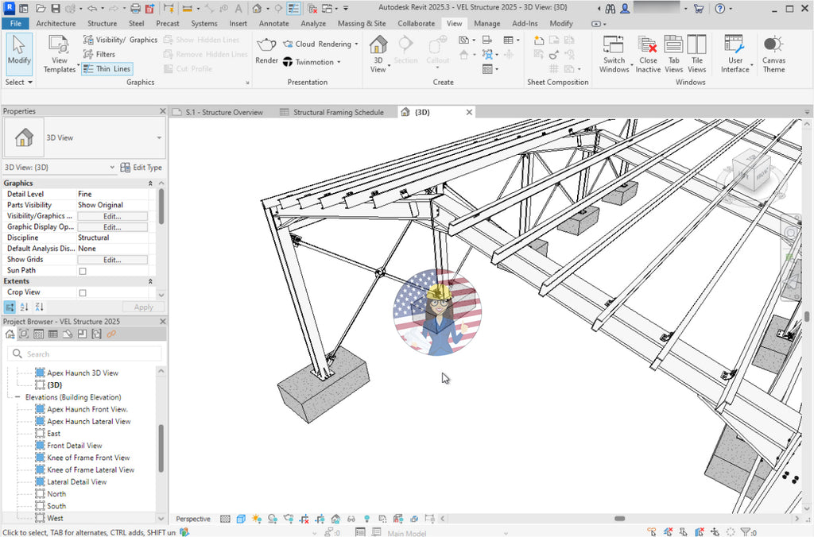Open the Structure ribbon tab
click(x=102, y=24)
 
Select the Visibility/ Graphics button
click(x=120, y=40)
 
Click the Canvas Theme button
click(x=773, y=56)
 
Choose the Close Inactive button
click(x=648, y=56)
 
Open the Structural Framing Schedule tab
click(x=338, y=112)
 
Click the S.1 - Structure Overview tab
click(x=223, y=112)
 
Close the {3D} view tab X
click(x=469, y=112)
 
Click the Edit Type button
click(x=141, y=168)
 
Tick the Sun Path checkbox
click(x=83, y=271)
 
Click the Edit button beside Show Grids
click(x=112, y=260)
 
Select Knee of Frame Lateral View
click(x=90, y=469)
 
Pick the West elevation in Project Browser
click(x=55, y=518)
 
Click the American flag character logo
click(x=437, y=312)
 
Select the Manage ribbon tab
click(x=486, y=24)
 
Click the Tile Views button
click(x=696, y=56)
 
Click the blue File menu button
click(x=15, y=24)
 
